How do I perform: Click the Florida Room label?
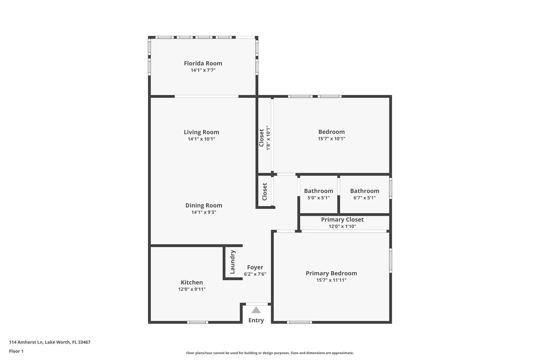click(203, 63)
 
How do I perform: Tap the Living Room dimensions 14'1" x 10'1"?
click(201, 139)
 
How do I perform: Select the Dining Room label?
click(204, 206)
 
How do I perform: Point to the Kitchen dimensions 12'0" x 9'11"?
click(192, 289)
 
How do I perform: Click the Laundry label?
click(232, 262)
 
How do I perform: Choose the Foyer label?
click(255, 267)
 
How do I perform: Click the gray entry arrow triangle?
click(256, 310)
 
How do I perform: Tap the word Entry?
click(256, 320)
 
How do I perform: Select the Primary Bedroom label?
click(331, 273)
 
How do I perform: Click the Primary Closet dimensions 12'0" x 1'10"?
click(342, 226)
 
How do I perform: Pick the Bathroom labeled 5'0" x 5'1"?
click(319, 191)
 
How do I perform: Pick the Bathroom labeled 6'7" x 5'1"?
click(364, 191)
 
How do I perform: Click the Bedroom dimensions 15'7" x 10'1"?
click(331, 139)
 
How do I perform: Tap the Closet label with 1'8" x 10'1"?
click(261, 138)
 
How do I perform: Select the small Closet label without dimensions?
click(265, 192)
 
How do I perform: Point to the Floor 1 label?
click(16, 351)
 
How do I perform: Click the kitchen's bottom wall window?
click(197, 322)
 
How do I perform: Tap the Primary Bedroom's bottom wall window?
click(299, 322)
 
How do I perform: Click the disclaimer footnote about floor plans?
click(270, 353)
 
